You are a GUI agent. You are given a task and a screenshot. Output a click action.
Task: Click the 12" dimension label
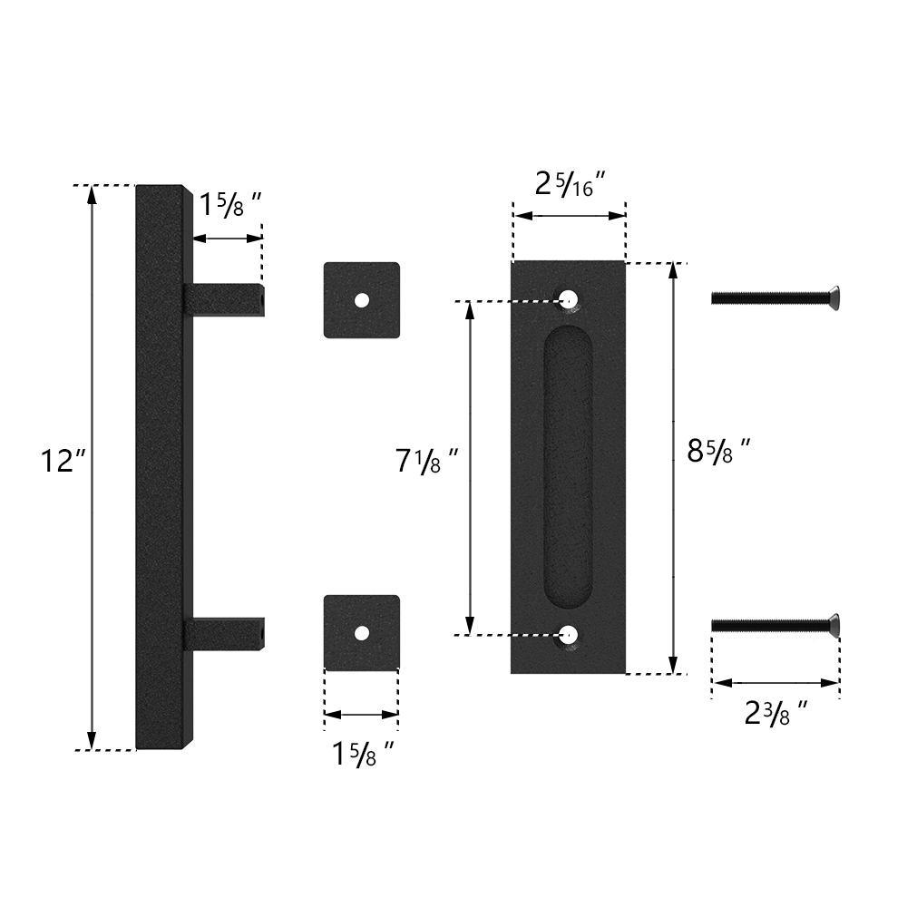pos(63,461)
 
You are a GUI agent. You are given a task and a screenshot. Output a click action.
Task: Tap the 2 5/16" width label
pos(570,184)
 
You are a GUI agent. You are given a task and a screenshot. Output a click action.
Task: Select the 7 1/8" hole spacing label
pos(427,461)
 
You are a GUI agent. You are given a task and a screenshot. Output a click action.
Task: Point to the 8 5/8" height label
pos(719,450)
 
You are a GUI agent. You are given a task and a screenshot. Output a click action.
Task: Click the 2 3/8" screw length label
pos(775,713)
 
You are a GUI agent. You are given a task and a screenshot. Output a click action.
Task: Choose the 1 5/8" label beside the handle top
pos(230,204)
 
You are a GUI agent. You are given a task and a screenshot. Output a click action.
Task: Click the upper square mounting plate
pos(362,300)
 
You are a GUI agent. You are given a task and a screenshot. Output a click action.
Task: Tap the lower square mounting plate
pos(362,633)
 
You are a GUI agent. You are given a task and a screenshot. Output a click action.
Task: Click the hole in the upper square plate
pos(362,300)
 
